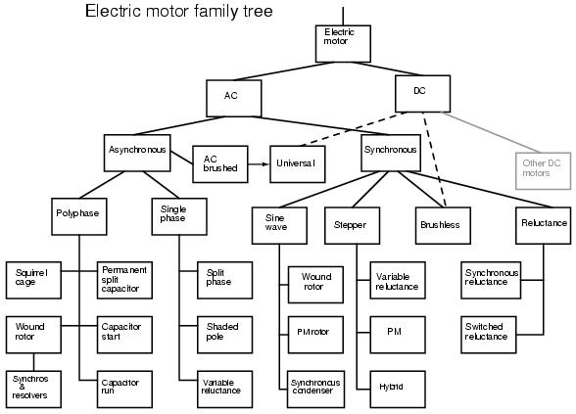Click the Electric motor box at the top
pos(343,44)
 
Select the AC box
pos(234,98)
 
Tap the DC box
pos(423,94)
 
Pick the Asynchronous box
pos(137,153)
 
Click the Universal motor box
pos(298,164)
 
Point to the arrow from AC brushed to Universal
pos(259,164)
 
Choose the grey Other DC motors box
pos(544,170)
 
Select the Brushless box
pos(443,225)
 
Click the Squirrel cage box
pos(33,280)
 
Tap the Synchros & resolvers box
pos(33,390)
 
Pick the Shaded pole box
pos(225,335)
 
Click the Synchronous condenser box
pos(315,390)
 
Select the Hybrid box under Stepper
pos(398,390)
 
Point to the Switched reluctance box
pos(489,335)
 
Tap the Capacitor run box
pos(124,390)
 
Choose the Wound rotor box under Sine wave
pos(315,285)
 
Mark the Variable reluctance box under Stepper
pos(398,280)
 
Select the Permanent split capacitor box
pos(124,280)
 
